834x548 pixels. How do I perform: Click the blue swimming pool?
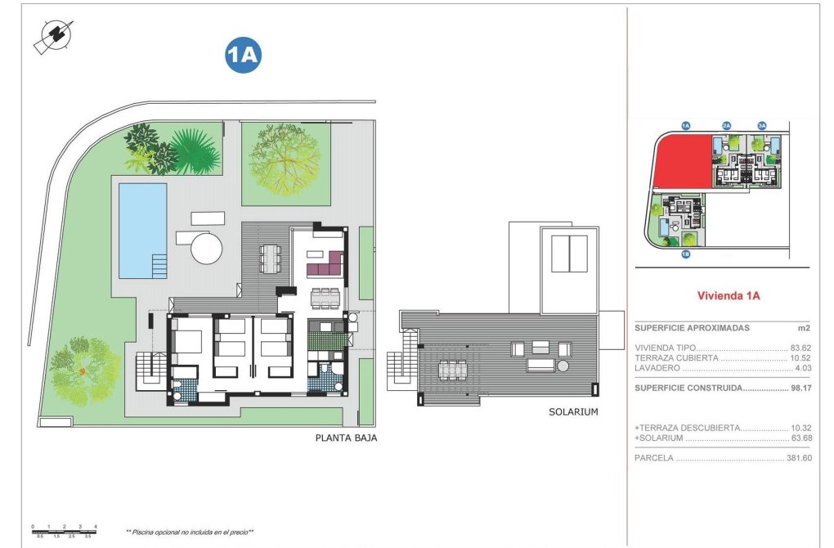click(142, 229)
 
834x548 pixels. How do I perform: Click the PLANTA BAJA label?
click(346, 438)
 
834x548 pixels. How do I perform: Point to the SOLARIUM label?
click(573, 412)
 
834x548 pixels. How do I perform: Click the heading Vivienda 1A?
click(728, 296)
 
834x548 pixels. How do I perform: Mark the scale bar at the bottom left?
click(64, 530)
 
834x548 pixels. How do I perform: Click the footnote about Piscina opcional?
click(189, 532)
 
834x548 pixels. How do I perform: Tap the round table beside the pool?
click(208, 247)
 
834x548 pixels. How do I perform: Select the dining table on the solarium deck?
click(452, 371)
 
